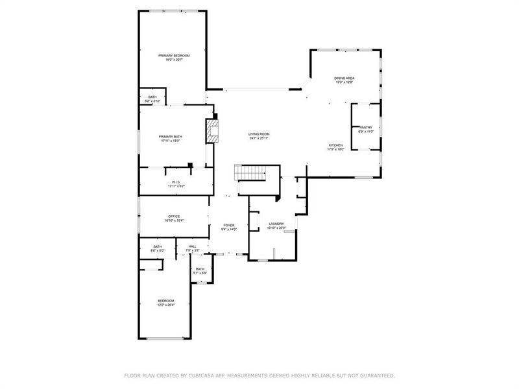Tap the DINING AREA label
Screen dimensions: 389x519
point(344,78)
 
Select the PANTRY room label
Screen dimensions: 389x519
point(365,128)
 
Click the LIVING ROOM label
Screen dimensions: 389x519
point(259,134)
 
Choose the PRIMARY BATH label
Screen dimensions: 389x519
point(171,136)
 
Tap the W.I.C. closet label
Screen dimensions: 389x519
point(176,182)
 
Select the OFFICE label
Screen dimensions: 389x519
point(174,217)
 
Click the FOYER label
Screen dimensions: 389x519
point(229,224)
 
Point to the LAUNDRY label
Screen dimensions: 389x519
point(276,224)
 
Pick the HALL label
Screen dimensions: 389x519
point(192,246)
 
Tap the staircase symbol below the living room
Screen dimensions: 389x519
point(251,173)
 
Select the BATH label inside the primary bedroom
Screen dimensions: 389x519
point(152,97)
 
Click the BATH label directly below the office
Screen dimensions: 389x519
point(158,246)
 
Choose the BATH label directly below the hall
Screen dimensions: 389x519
point(200,269)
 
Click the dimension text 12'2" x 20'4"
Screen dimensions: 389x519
point(166,305)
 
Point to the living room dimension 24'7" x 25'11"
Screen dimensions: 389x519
point(259,139)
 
